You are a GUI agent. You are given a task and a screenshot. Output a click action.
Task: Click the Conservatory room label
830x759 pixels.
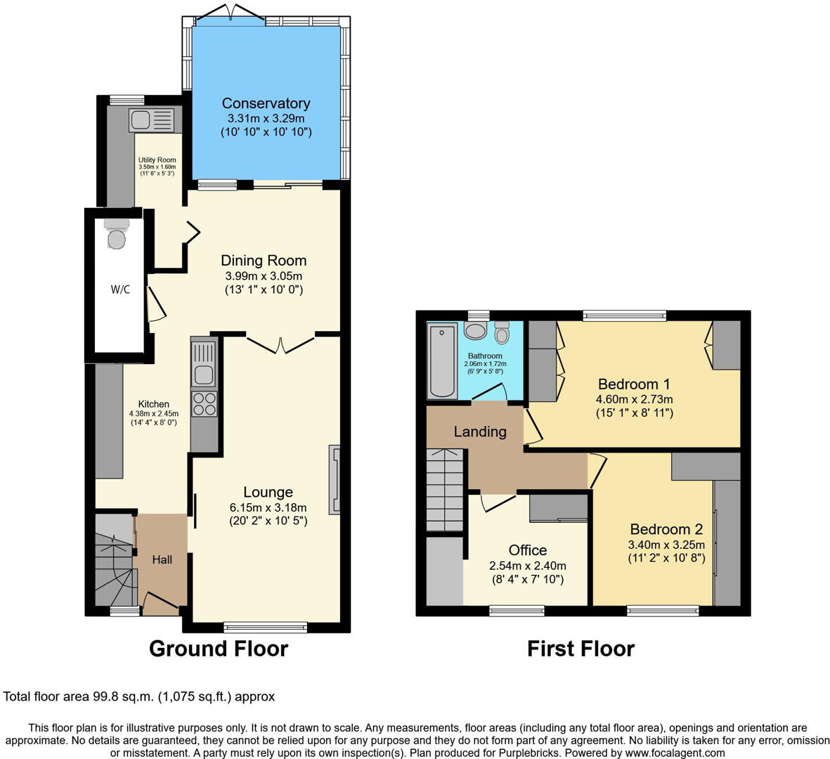coord(266,103)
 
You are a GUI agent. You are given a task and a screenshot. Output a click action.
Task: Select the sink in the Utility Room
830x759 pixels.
coord(151,119)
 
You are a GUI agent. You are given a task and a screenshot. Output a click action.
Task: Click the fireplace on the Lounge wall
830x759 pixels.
coord(335,479)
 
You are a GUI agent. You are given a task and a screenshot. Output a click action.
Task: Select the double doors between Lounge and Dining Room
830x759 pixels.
coord(280,344)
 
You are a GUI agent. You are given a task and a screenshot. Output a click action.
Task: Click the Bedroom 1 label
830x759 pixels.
coord(633,384)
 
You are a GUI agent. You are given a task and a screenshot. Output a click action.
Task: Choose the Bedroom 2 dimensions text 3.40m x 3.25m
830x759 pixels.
coord(666,544)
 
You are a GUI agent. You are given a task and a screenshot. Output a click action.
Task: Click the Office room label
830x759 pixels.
coord(527,550)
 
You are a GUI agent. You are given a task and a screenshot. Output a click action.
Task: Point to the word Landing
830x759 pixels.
coord(479,432)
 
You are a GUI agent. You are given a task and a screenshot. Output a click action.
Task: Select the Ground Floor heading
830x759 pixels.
coord(219,648)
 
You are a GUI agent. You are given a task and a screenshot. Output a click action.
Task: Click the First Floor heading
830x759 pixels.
coord(581,648)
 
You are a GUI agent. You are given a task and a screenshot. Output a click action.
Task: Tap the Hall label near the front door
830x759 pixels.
coord(162,559)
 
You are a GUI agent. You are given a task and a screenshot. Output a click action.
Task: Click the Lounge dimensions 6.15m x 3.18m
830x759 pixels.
coord(268,507)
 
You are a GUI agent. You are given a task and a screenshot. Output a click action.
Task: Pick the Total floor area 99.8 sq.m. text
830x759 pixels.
coord(139,697)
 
